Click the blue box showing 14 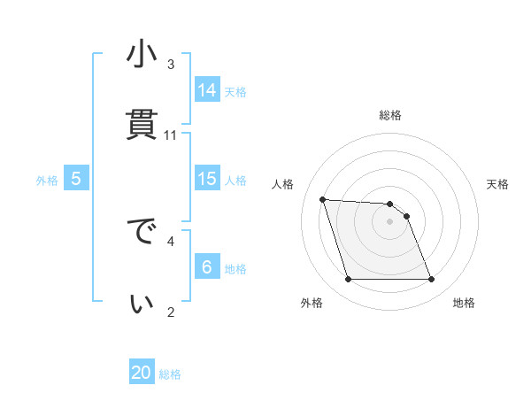pyautogui.click(x=207, y=89)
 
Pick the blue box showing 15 pyautogui.click(x=207, y=179)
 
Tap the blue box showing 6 pyautogui.click(x=207, y=266)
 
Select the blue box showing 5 pyautogui.click(x=76, y=179)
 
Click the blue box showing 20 pyautogui.click(x=142, y=373)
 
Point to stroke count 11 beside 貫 pyautogui.click(x=171, y=135)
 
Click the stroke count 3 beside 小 pyautogui.click(x=171, y=65)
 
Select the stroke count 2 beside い pyautogui.click(x=171, y=311)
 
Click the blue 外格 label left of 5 pyautogui.click(x=47, y=180)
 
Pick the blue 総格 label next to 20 pyautogui.click(x=170, y=374)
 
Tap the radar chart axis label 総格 pyautogui.click(x=390, y=115)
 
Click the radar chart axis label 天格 pyautogui.click(x=497, y=184)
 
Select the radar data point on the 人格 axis pyautogui.click(x=323, y=199)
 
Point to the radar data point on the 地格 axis pyautogui.click(x=432, y=280)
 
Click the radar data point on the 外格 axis pyautogui.click(x=348, y=280)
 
